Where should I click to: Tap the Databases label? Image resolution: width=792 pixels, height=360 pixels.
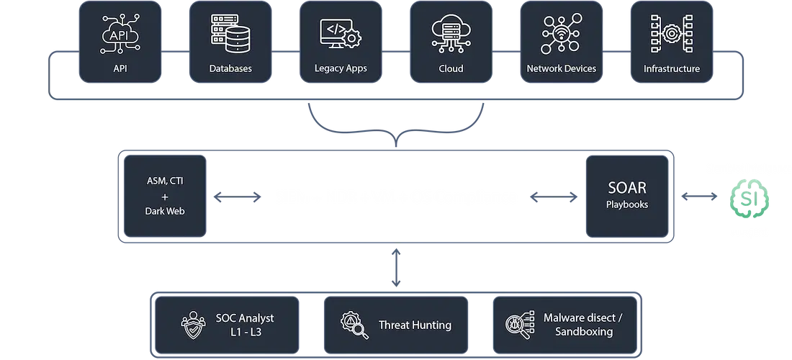[x=230, y=69]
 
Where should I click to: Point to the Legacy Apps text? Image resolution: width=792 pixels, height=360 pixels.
[x=341, y=69]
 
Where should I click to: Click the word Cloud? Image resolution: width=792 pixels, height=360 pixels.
[x=451, y=69]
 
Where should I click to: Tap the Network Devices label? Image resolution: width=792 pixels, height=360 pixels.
[x=562, y=69]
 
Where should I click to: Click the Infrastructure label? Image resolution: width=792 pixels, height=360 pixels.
[x=671, y=69]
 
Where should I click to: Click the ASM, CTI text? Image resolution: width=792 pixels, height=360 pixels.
[x=164, y=181]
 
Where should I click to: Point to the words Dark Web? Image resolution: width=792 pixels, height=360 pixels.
[x=164, y=212]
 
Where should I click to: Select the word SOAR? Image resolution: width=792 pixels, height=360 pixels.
[x=626, y=189]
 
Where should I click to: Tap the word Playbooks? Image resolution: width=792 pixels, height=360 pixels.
[x=626, y=204]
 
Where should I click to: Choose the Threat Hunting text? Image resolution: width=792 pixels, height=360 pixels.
[x=415, y=325]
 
